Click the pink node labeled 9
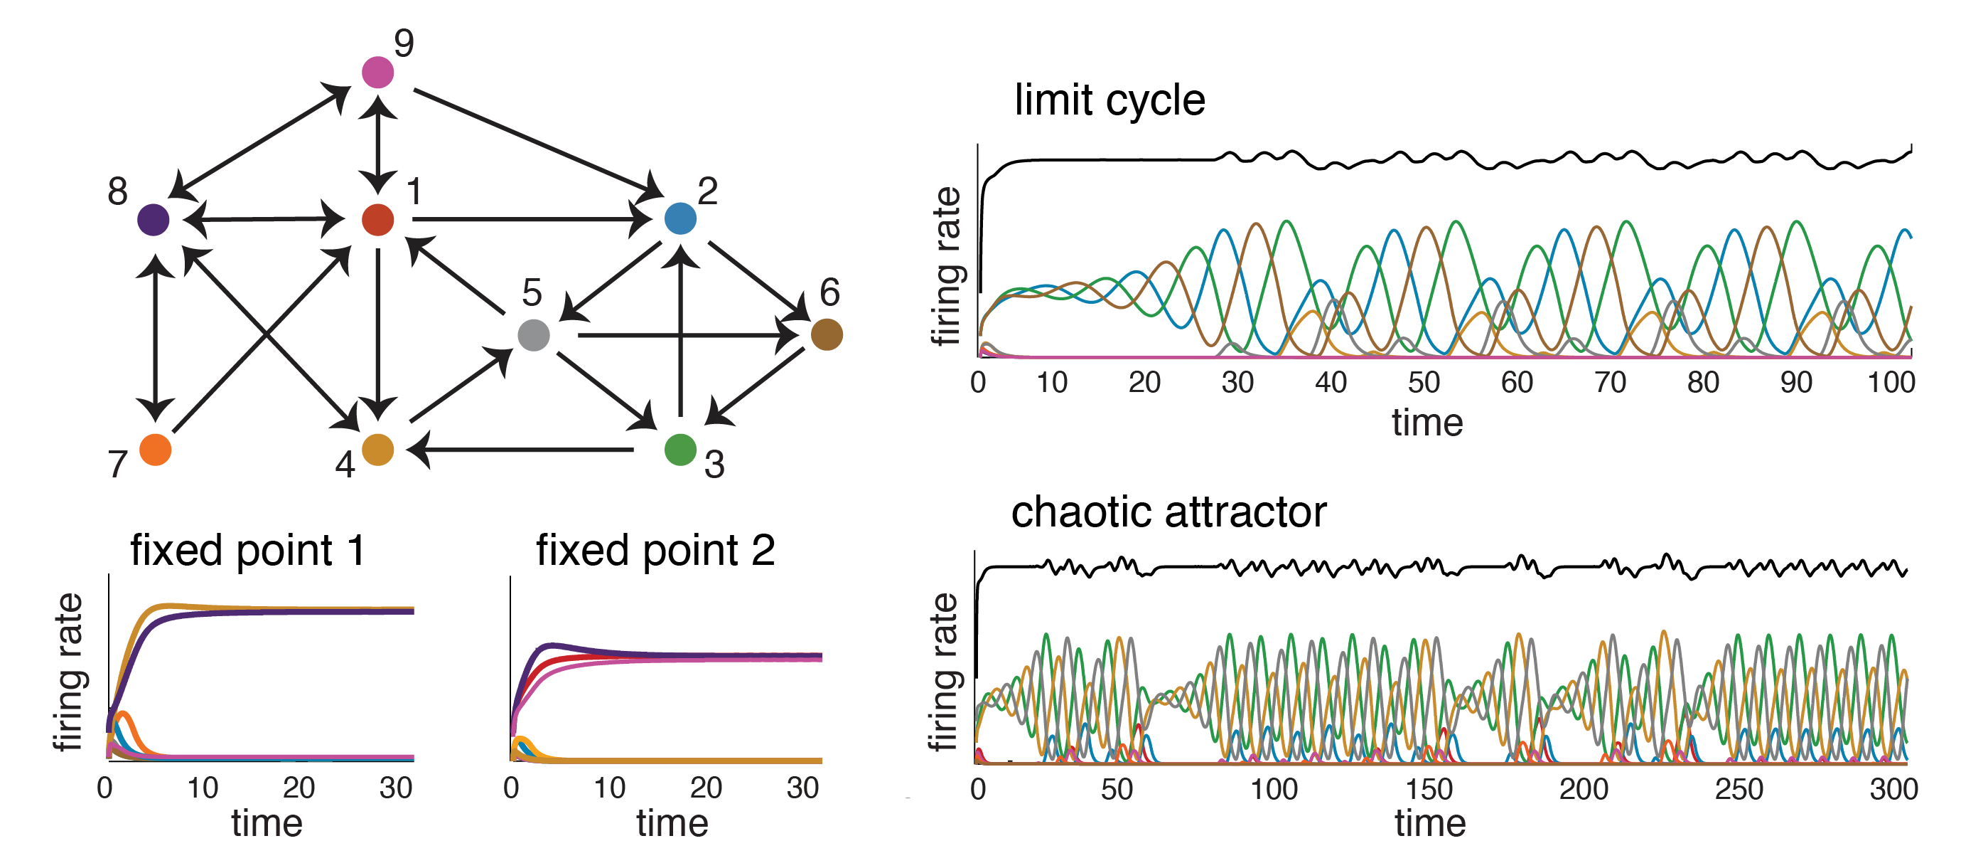pos(377,73)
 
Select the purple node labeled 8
pos(153,219)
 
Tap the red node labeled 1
pos(377,219)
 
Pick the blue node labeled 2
pos(680,218)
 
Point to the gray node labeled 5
pos(533,335)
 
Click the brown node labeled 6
pos(827,334)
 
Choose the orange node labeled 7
pos(155,450)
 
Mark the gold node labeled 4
pos(377,450)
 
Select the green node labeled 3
pos(680,450)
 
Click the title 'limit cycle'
pos(1109,100)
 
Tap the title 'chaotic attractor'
pos(1168,512)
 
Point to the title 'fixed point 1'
pos(247,551)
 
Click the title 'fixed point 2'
pos(655,551)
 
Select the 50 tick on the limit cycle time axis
pos(1423,382)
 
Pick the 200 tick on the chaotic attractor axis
pos(1584,789)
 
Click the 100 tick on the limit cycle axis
pos(1891,382)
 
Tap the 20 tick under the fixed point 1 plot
pos(298,788)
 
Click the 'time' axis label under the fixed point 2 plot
pos(672,823)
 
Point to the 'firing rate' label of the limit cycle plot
pos(946,266)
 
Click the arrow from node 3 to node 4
pos(525,450)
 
